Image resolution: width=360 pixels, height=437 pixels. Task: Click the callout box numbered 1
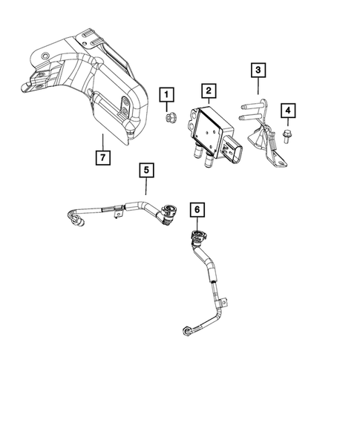tap(167, 94)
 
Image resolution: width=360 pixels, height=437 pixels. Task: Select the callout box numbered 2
tap(210, 91)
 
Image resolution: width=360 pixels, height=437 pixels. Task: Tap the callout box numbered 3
tap(258, 71)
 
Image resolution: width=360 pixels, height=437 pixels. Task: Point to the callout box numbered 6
tap(197, 211)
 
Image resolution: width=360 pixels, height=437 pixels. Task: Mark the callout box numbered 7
tap(102, 157)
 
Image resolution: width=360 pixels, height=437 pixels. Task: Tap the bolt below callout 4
tap(287, 135)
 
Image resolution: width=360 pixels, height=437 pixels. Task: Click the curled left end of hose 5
tap(72, 216)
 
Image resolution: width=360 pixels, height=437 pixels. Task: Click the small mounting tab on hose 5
tap(117, 216)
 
